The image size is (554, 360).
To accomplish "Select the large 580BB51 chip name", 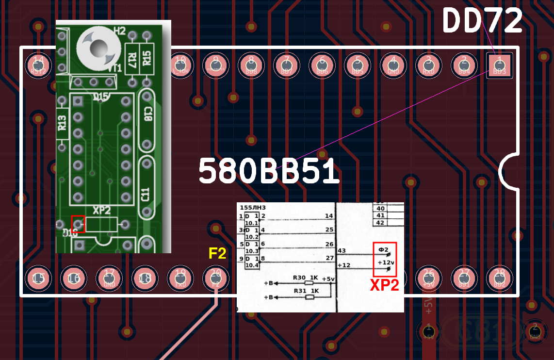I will (269, 171).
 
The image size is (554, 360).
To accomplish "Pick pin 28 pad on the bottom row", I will (499, 278).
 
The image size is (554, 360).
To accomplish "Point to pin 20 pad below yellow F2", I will (216, 278).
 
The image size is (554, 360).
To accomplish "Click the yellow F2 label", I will (217, 253).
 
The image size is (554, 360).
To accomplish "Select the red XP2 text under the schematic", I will (384, 285).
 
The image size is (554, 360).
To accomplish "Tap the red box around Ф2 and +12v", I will (385, 256).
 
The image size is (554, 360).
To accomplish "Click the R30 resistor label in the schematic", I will (299, 278).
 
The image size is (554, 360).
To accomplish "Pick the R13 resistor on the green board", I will (62, 124).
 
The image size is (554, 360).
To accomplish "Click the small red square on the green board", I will (78, 224).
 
